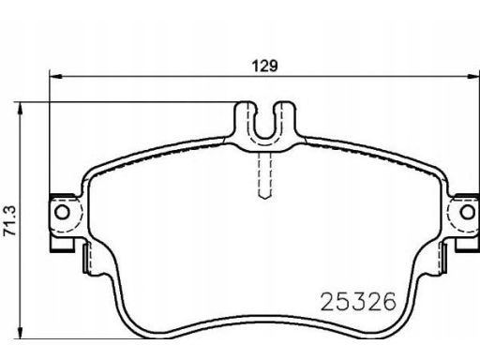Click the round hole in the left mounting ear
[63, 214]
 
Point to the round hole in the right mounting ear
[462, 214]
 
